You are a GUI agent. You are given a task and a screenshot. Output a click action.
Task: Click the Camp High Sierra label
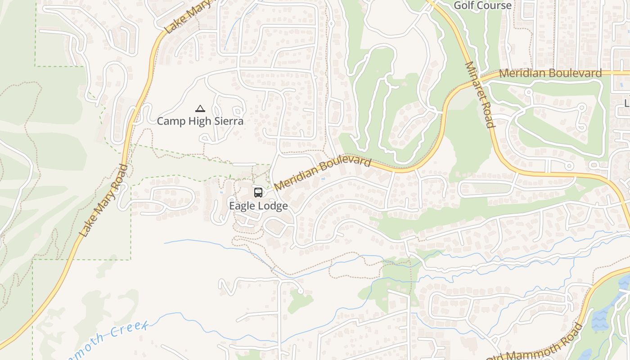[200, 121]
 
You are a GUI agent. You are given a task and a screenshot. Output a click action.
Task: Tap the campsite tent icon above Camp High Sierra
[200, 108]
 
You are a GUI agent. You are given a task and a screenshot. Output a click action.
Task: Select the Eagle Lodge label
[258, 206]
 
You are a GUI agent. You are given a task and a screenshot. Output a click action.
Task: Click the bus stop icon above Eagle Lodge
[258, 193]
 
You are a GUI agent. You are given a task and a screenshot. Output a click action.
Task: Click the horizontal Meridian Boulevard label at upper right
[550, 73]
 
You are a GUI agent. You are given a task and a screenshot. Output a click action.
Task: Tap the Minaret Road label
[480, 95]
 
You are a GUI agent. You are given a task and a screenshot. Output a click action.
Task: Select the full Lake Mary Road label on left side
[104, 201]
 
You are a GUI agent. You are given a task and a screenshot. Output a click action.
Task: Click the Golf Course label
[482, 5]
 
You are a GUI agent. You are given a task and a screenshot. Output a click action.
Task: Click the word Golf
[464, 5]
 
